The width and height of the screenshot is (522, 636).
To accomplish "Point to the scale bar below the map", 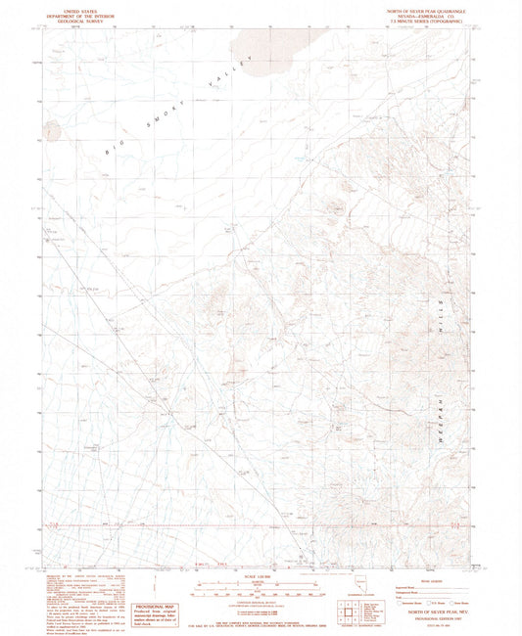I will click(260, 590).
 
